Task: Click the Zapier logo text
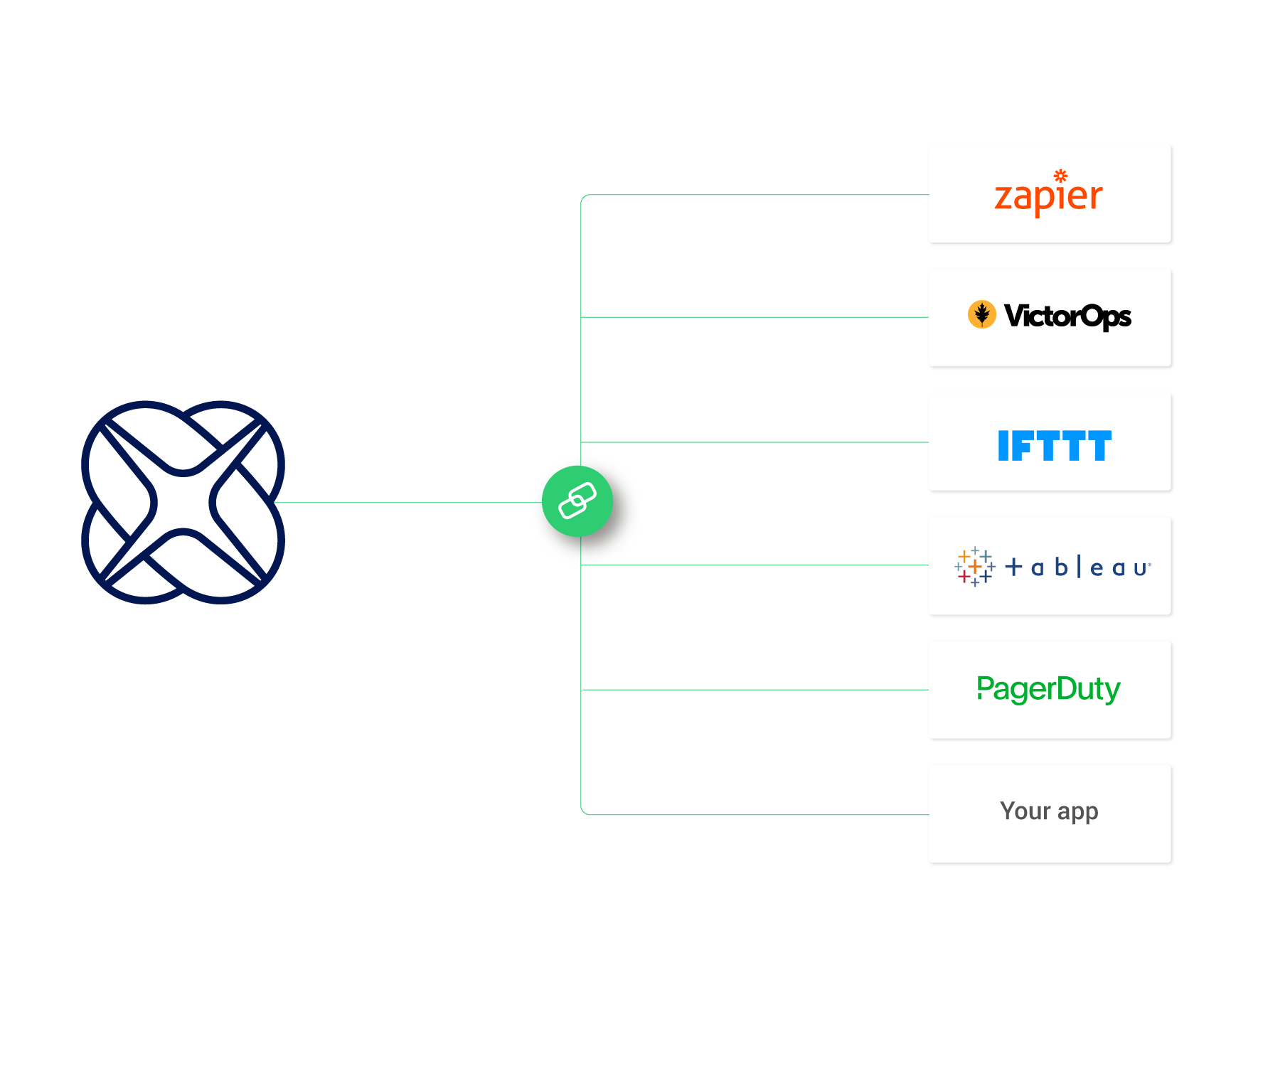coord(1048,198)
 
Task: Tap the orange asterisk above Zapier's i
coord(1060,176)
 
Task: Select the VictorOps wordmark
coord(1067,316)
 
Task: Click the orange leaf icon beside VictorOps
coord(982,314)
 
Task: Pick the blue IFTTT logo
coord(1055,446)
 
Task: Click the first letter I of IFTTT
coord(1003,446)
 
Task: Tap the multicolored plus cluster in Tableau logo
coord(974,567)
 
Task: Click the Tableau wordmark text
coord(1077,567)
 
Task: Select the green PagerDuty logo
coord(1048,689)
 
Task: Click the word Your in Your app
coord(1025,811)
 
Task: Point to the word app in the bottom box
coord(1078,812)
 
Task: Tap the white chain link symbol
coord(577,501)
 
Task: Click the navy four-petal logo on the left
coord(183,502)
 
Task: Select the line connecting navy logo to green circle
coord(405,503)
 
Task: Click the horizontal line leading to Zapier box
coord(754,195)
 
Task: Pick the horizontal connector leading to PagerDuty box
coord(754,690)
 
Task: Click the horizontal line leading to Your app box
coord(754,815)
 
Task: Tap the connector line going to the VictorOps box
coord(754,317)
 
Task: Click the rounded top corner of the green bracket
coord(583,197)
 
